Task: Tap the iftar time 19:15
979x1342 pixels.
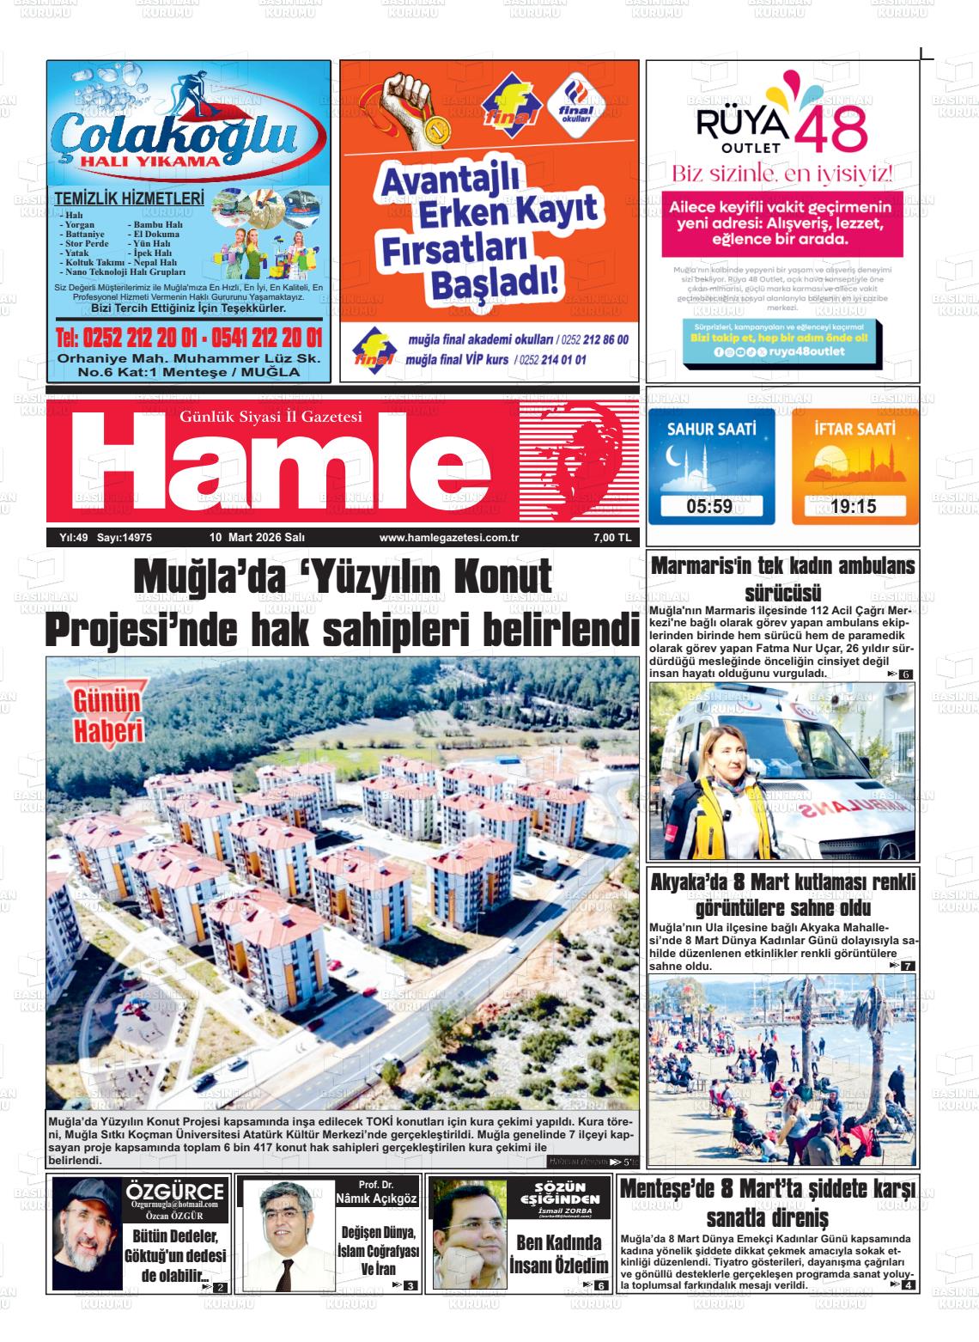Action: pos(853,506)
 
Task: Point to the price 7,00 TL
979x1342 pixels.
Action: pos(611,538)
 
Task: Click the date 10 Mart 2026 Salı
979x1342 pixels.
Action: pos(258,538)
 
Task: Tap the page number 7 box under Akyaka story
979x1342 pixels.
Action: pos(907,967)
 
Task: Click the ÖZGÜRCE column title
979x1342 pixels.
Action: pos(175,1193)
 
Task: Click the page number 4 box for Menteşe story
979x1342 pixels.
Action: pos(908,1285)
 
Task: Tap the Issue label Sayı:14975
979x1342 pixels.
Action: pos(125,538)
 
